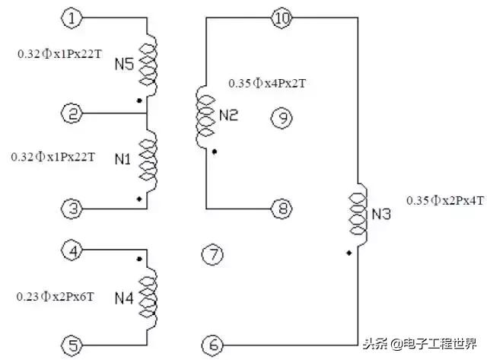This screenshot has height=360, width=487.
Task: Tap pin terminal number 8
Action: [x=281, y=208]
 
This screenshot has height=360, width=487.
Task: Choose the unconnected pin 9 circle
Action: [x=282, y=117]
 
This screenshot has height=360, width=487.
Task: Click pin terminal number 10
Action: [x=282, y=18]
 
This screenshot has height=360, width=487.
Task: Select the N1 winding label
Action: [x=124, y=160]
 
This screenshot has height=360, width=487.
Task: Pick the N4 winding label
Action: [x=124, y=298]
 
